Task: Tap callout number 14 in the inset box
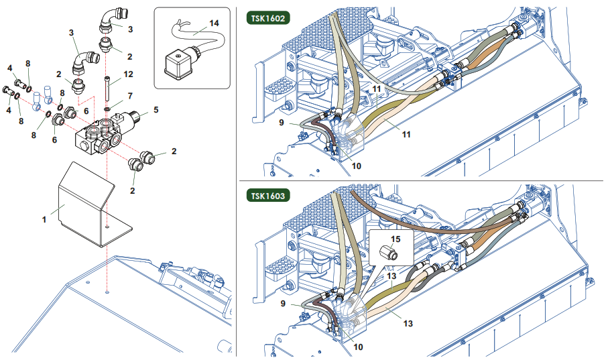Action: click(x=215, y=22)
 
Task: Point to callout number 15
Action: click(x=395, y=238)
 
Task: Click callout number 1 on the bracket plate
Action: click(x=45, y=219)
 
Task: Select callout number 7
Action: click(x=130, y=96)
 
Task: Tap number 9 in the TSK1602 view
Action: click(x=282, y=123)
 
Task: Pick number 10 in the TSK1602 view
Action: click(x=356, y=165)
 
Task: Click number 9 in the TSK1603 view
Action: click(x=282, y=303)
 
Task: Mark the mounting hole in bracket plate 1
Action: click(x=107, y=227)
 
